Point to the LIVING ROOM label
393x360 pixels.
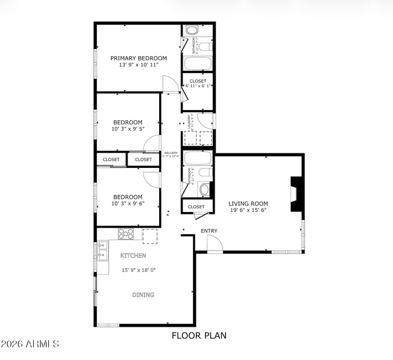248,204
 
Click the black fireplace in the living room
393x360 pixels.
296,194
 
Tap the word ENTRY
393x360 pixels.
209,231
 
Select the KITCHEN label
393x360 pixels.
133,256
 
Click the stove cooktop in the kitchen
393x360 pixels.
126,233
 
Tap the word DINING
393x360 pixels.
143,295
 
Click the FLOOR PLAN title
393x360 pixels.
199,335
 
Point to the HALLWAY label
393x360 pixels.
171,153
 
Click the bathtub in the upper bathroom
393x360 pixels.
197,64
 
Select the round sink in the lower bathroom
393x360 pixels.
204,190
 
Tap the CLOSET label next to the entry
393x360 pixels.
196,207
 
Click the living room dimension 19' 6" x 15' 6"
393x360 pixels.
248,210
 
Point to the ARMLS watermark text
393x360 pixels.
30,344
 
